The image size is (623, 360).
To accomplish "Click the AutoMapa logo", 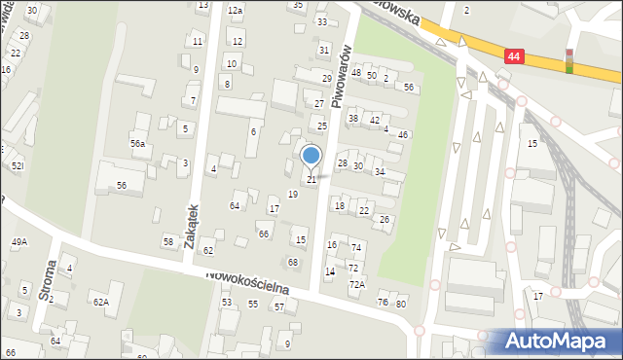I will pyautogui.click(x=558, y=341).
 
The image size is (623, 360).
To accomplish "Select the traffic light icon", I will pyautogui.click(x=569, y=60).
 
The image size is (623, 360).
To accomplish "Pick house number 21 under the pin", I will pyautogui.click(x=311, y=180).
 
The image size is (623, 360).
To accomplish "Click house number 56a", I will pyautogui.click(x=138, y=144).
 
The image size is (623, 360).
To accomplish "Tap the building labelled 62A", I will pyautogui.click(x=101, y=302).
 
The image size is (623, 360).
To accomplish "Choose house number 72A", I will pyautogui.click(x=357, y=284).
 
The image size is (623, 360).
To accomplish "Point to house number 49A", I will pyautogui.click(x=19, y=241).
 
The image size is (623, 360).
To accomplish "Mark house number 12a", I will pyautogui.click(x=235, y=10).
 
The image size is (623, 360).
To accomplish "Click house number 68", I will pyautogui.click(x=293, y=263).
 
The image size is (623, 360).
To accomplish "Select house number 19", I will pyautogui.click(x=293, y=195).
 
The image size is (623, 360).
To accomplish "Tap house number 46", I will pyautogui.click(x=403, y=134).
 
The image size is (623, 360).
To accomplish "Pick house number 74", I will pyautogui.click(x=356, y=249).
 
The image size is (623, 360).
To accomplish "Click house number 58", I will pyautogui.click(x=168, y=241).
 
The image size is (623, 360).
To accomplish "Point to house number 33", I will pyautogui.click(x=322, y=21).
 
